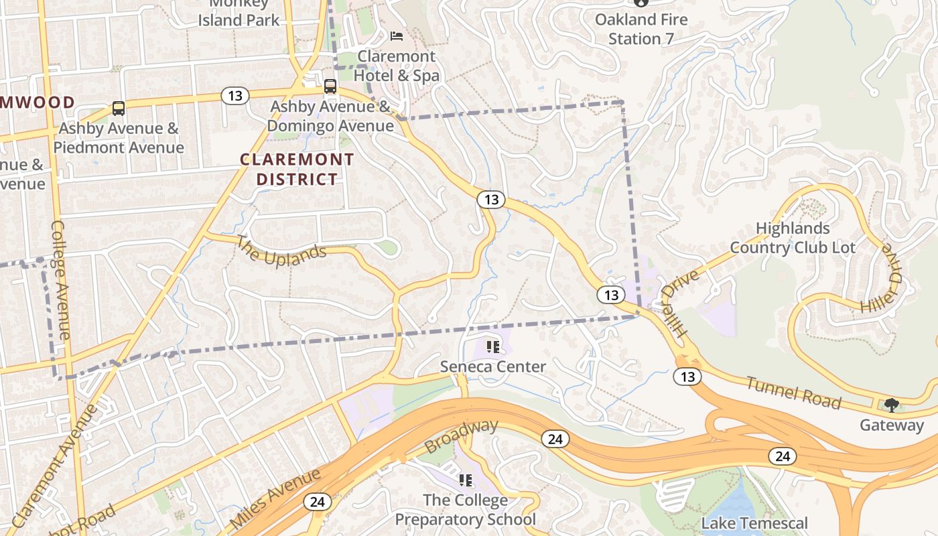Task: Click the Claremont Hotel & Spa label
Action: [397, 66]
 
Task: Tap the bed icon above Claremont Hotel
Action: [397, 35]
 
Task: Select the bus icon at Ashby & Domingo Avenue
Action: [330, 86]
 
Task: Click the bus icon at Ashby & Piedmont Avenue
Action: [119, 108]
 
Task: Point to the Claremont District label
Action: [297, 170]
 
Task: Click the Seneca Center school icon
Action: [493, 347]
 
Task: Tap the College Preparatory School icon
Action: [466, 480]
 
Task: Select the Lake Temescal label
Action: [754, 523]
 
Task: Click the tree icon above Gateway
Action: [891, 405]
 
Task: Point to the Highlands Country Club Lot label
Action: [793, 238]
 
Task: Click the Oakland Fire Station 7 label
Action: [641, 29]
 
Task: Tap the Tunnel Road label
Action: [793, 393]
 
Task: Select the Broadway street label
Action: [462, 435]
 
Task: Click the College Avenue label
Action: [60, 279]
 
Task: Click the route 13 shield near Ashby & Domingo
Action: [234, 96]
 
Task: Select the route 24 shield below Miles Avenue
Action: [317, 501]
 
